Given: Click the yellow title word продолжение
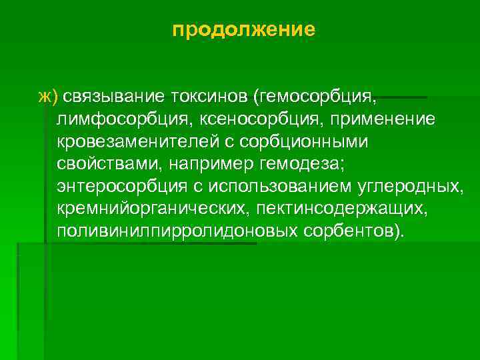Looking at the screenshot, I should (x=243, y=30).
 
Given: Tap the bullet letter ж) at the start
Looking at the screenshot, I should (x=48, y=97).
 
